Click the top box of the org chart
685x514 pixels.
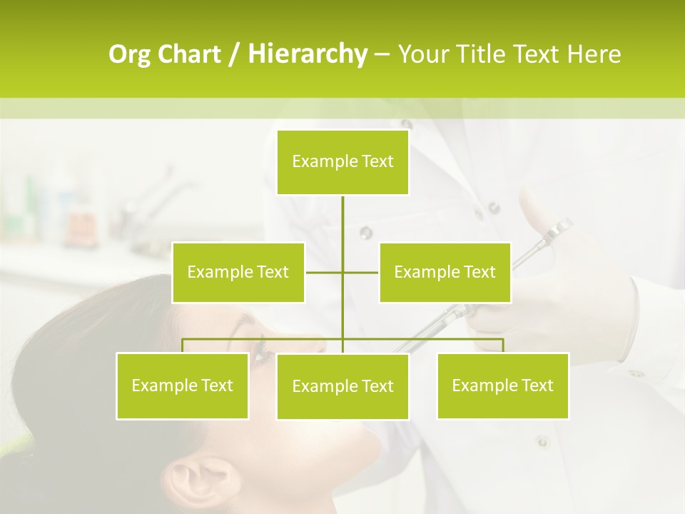342,162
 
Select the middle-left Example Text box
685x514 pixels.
238,272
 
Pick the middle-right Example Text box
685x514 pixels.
445,272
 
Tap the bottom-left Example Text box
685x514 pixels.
183,385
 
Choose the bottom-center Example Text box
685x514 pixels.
342,386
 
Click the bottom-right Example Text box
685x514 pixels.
502,385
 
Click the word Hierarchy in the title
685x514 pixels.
307,54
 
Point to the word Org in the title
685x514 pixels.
130,54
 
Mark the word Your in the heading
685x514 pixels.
424,54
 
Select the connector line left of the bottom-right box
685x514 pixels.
428,339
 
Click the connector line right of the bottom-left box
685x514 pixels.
257,339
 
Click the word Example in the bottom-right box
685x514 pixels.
482,385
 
